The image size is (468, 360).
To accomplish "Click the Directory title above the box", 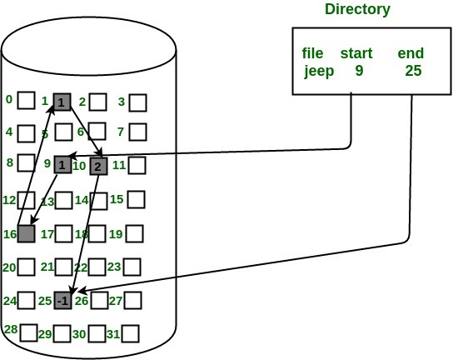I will (x=357, y=10).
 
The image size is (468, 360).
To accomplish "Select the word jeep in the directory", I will (x=319, y=71).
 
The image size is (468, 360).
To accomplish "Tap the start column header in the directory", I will (x=356, y=53).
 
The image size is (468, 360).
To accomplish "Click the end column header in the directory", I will (x=411, y=53).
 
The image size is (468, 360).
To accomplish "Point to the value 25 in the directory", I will (x=412, y=71).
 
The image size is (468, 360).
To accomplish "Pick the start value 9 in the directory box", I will (x=359, y=71).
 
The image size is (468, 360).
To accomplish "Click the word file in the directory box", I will (x=312, y=53).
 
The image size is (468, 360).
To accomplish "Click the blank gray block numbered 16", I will (x=26, y=233).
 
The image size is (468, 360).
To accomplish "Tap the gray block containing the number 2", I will (x=98, y=167).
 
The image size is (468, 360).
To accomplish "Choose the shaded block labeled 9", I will (x=62, y=165).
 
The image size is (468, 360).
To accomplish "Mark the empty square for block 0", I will (x=27, y=101).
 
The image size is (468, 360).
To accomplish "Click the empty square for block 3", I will (x=137, y=102).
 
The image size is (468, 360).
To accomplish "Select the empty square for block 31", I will (x=129, y=334).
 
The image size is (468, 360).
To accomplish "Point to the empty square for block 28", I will (x=29, y=332).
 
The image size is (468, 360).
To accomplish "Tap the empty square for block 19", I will (x=136, y=233).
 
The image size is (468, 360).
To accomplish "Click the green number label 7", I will (x=121, y=132).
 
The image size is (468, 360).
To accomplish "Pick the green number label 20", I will (x=9, y=267).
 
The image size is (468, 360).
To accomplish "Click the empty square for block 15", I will (x=137, y=200).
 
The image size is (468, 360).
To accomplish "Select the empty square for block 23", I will (x=132, y=267).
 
